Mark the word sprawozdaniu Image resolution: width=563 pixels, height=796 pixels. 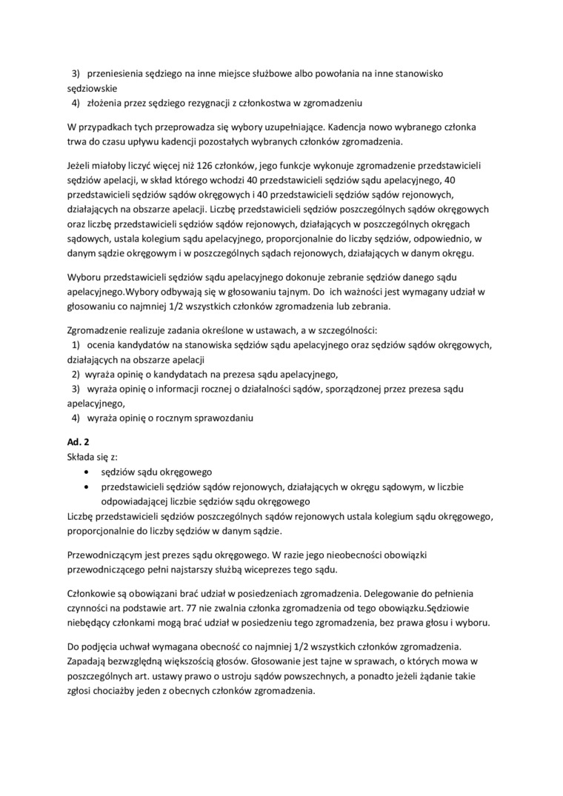(219, 418)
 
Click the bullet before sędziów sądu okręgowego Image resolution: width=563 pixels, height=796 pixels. (90, 471)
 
